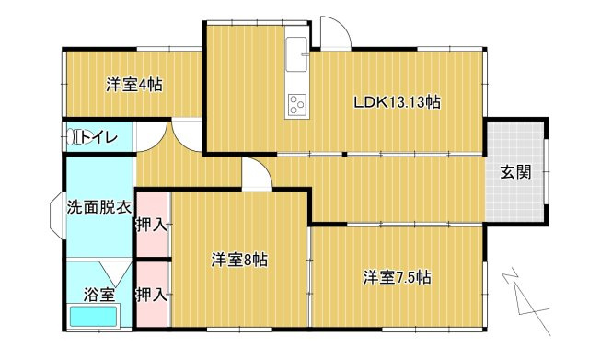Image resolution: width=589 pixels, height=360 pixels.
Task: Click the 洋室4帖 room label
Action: (134, 86)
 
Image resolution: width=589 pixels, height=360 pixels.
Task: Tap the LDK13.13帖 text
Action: (397, 102)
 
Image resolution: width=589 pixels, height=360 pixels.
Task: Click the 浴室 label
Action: (99, 295)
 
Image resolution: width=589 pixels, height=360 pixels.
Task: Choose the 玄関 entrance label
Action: (515, 171)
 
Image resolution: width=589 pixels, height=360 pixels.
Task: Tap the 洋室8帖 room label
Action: (239, 260)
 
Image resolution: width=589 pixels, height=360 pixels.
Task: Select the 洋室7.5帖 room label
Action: (398, 276)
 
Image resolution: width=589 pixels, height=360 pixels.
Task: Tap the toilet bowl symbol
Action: (74, 138)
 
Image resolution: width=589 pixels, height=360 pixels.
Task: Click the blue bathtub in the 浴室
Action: (93, 317)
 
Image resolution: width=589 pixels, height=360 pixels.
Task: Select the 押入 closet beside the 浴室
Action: (152, 295)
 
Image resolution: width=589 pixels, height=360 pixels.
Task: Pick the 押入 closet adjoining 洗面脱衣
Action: (152, 224)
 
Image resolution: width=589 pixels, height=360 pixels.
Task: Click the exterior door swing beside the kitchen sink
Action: (335, 32)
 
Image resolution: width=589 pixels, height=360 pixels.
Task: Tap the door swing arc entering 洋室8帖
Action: (256, 173)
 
